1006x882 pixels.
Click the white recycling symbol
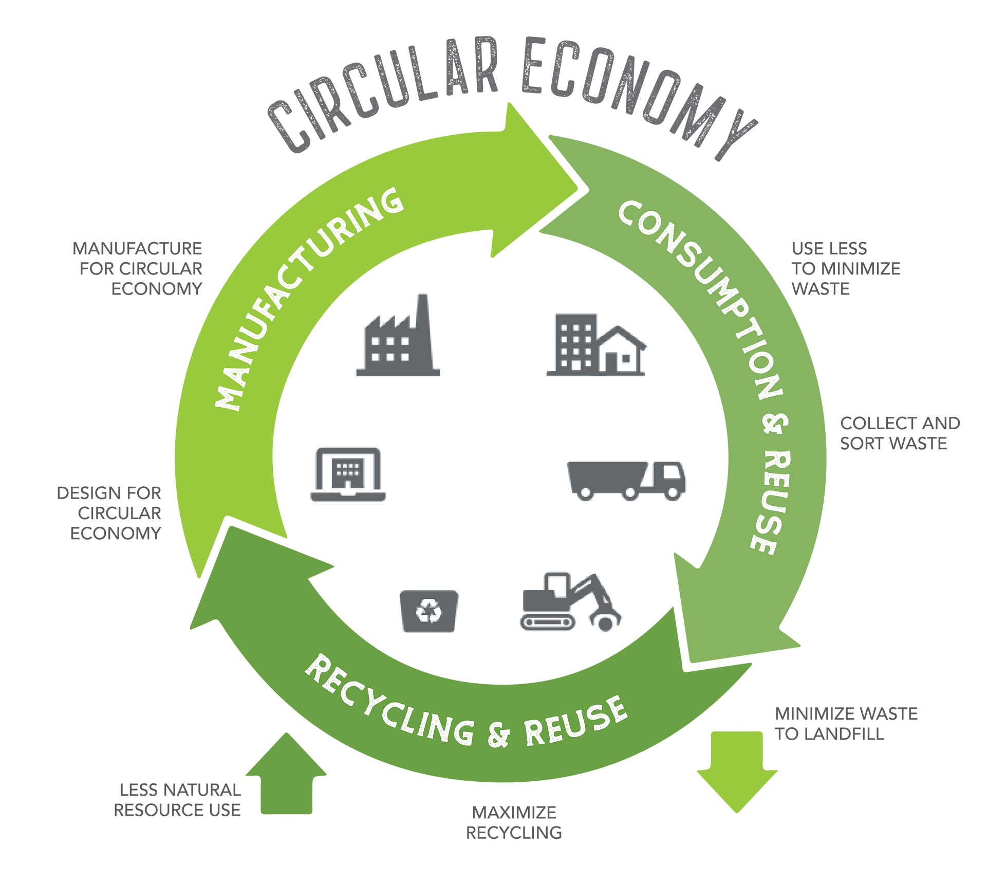click(x=429, y=611)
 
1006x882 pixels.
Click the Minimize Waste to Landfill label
click(x=843, y=724)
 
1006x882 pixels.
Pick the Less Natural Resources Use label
click(x=177, y=802)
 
